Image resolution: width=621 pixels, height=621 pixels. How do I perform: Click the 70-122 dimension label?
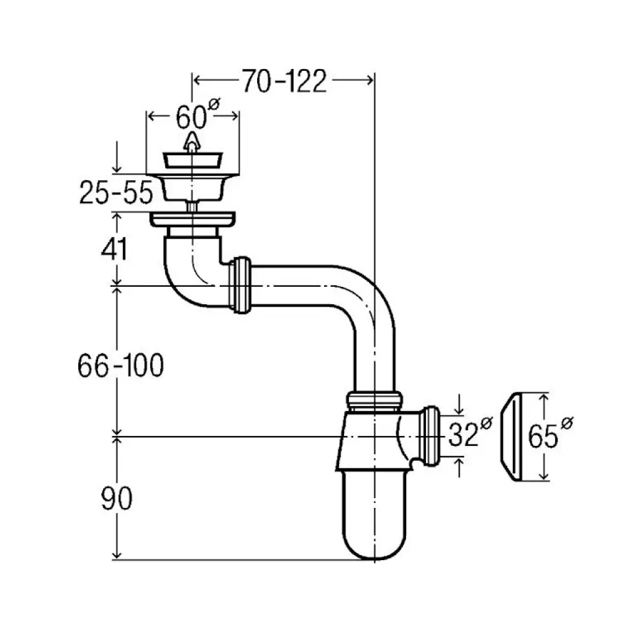pos(283,81)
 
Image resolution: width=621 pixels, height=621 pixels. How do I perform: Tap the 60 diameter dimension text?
pos(191,116)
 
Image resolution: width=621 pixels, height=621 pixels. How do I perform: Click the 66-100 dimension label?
pos(120,366)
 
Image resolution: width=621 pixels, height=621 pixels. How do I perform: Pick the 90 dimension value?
pos(117,499)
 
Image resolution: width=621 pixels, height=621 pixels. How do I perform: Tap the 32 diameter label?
pos(464,435)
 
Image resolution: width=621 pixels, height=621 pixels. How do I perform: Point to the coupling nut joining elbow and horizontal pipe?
pos(240,285)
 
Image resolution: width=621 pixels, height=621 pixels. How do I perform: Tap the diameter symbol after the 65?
pos(567,423)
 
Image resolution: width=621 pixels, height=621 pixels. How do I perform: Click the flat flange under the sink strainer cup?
pos(193,219)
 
